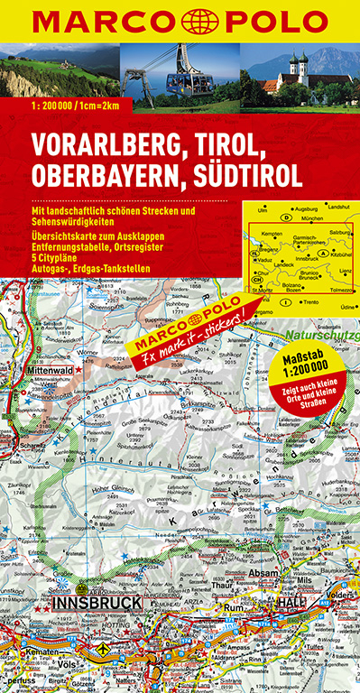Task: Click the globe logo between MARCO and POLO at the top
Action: [x=180, y=19]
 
